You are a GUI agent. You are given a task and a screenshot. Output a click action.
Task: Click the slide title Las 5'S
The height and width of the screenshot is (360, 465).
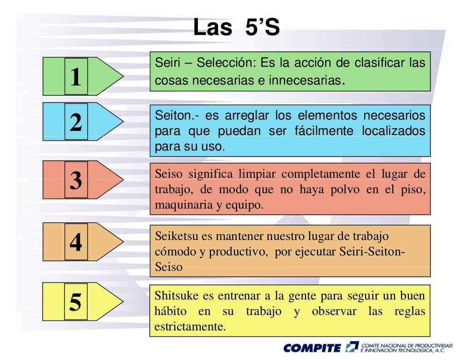point(236,28)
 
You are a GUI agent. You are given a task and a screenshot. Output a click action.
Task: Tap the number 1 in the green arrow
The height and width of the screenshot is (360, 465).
point(76,77)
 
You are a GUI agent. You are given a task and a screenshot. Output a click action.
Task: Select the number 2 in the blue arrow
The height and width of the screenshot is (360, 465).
point(76,122)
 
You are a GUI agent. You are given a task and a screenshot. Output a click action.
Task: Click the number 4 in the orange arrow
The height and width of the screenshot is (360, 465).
point(76,242)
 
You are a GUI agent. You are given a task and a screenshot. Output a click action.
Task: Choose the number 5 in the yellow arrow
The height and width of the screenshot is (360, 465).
point(76,301)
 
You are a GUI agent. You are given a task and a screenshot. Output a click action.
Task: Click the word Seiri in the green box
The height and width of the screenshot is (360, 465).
point(167,63)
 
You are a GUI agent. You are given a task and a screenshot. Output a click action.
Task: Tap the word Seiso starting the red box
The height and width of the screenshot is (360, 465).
point(169,174)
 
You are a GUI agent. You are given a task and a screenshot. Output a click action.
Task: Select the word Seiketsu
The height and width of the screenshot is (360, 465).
point(176,236)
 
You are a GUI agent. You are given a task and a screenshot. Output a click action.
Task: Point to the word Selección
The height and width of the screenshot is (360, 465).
point(227,63)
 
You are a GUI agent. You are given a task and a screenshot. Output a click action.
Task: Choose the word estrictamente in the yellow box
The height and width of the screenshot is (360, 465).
point(189,327)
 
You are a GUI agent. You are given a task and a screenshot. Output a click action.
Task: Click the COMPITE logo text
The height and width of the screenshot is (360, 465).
point(312,348)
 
